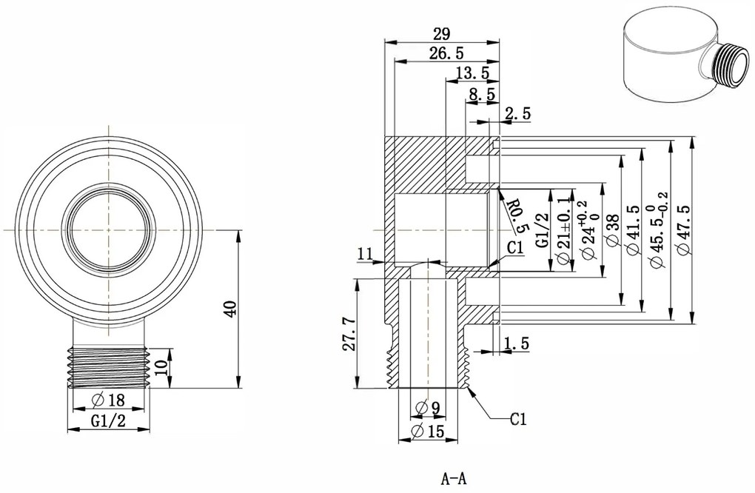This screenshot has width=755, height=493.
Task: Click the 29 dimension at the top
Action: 441,33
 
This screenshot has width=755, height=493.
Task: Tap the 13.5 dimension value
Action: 473,73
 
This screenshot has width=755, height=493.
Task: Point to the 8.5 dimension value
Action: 482,94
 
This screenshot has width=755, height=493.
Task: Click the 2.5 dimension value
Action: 517,113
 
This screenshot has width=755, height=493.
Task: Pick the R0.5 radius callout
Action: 519,213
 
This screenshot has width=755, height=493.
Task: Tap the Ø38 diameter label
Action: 612,232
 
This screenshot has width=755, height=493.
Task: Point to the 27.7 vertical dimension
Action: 350,334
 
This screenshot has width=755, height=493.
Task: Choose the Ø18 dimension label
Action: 108,400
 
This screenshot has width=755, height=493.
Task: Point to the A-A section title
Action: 454,477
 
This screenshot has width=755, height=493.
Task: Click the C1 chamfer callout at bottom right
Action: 518,420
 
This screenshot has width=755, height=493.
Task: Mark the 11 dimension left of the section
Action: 364,254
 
